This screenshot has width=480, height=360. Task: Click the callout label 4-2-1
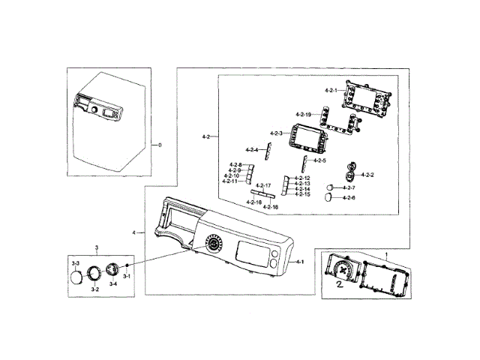(331, 91)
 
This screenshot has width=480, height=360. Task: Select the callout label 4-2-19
(303, 114)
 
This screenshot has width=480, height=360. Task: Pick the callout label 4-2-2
(367, 175)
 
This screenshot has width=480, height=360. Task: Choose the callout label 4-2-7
(349, 187)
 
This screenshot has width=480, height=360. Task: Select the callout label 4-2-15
(302, 194)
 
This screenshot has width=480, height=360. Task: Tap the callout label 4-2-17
(262, 185)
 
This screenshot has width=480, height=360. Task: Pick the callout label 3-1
(127, 277)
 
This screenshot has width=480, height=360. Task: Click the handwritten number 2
(339, 286)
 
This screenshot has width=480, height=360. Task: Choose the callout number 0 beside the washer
(159, 144)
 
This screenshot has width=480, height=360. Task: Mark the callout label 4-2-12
(302, 178)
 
